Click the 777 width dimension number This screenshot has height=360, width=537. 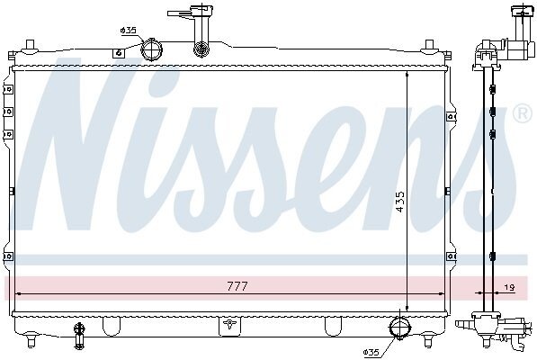tap(237, 286)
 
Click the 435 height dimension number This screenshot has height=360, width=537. tap(399, 202)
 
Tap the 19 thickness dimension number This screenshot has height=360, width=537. tap(510, 288)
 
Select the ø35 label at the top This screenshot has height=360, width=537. tap(129, 31)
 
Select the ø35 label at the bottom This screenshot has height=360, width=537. tap(371, 353)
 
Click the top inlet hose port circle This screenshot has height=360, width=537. tap(151, 50)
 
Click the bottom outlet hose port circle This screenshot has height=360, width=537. tap(400, 328)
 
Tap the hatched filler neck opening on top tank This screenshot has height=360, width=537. tap(201, 49)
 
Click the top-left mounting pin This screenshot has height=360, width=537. tap(31, 45)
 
